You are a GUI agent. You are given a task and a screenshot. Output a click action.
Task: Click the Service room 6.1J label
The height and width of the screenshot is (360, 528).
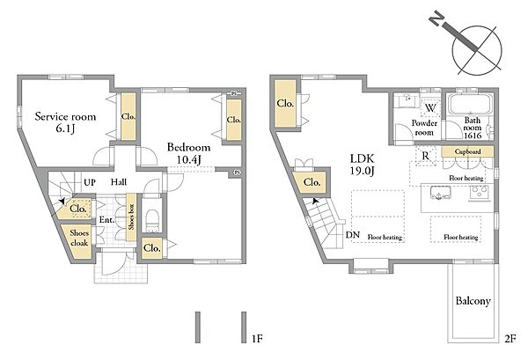point(66,122)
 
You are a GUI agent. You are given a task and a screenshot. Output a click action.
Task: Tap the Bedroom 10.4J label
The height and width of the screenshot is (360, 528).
point(189,153)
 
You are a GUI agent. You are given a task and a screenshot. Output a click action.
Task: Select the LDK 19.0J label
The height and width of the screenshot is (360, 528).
point(362,165)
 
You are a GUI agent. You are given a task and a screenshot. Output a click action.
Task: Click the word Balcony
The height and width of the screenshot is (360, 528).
point(473,301)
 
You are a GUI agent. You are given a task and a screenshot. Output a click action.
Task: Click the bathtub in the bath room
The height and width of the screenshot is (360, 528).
point(470,104)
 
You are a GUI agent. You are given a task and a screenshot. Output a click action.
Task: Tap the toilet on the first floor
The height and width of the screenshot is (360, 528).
point(152,221)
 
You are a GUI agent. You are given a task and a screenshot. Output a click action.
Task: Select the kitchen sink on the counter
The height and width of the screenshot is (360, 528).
point(441,193)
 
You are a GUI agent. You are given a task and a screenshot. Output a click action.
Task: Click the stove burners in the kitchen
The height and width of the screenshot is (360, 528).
point(480,194)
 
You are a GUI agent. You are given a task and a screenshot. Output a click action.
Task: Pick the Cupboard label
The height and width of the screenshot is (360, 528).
point(468,151)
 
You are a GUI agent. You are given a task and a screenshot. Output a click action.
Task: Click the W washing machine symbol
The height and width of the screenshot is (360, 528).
point(430,108)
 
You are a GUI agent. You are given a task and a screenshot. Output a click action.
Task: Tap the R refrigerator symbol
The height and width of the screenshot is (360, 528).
point(426,156)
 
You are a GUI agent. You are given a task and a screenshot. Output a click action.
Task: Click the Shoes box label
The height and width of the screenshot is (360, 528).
point(131,217)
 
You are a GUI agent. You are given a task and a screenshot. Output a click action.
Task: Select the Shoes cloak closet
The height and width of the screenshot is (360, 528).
point(78,239)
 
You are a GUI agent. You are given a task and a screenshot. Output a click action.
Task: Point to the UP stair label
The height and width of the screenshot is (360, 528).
point(90,182)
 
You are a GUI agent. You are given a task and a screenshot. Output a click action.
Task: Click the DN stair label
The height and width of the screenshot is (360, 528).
point(353,235)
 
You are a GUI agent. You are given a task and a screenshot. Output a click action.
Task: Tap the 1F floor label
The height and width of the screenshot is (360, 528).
point(257,338)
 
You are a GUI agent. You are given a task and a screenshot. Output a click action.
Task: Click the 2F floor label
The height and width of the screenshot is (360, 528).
point(510,338)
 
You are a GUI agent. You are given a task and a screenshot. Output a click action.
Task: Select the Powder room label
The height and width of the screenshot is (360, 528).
point(424,128)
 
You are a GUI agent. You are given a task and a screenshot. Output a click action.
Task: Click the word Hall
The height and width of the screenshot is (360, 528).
point(119,182)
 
